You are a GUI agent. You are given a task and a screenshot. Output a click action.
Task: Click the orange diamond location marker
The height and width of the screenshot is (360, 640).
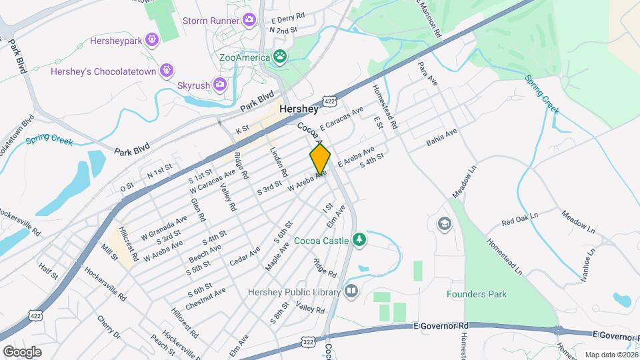pos(320,159)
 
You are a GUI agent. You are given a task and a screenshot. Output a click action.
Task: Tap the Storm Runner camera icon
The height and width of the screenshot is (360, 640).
pos(249,21)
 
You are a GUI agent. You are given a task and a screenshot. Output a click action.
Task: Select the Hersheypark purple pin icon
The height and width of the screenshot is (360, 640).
pos(153,40)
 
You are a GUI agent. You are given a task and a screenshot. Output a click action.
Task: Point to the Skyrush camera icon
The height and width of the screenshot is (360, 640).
pos(219,85)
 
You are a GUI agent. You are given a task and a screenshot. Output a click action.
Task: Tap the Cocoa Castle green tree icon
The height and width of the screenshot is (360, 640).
pos(359,239)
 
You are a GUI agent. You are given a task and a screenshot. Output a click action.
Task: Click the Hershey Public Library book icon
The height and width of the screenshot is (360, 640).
pos(351,291)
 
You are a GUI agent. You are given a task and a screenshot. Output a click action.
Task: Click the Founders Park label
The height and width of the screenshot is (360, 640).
pos(477,294)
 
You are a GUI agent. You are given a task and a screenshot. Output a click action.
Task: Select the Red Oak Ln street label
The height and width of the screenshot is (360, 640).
pos(520,221)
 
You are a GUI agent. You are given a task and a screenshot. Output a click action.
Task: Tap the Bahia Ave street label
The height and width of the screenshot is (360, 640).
pos(441,138)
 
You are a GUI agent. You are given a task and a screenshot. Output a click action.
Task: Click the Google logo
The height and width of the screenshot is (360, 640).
pos(22,351)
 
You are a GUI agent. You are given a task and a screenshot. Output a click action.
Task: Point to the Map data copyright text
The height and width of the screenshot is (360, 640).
pos(611,355)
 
